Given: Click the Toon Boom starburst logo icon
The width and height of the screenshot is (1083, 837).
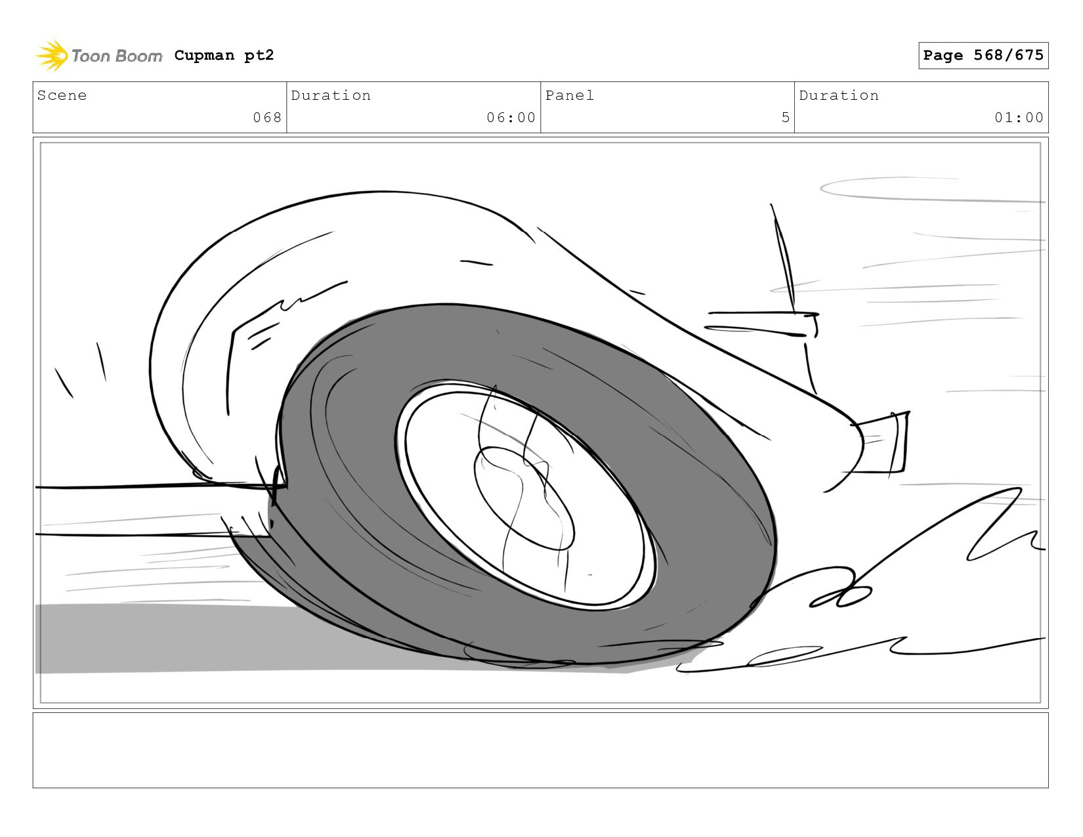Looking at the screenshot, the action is pyautogui.click(x=52, y=55).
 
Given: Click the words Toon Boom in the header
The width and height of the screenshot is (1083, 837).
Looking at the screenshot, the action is pyautogui.click(x=117, y=56).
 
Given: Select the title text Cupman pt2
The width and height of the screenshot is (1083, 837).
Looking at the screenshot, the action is pyautogui.click(x=224, y=55).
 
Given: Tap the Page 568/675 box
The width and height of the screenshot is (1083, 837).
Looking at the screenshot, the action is pyautogui.click(x=983, y=55).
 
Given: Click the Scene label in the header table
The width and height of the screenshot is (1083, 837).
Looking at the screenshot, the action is pyautogui.click(x=62, y=95).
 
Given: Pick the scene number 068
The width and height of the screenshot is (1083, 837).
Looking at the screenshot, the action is pyautogui.click(x=267, y=118).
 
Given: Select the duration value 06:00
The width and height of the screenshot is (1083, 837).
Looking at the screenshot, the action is pyautogui.click(x=511, y=118).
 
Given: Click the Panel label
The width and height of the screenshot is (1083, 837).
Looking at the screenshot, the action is pyautogui.click(x=570, y=95).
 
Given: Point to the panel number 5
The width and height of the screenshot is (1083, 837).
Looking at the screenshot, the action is pyautogui.click(x=786, y=118).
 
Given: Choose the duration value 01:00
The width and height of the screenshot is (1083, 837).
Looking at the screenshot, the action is pyautogui.click(x=1019, y=118).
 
